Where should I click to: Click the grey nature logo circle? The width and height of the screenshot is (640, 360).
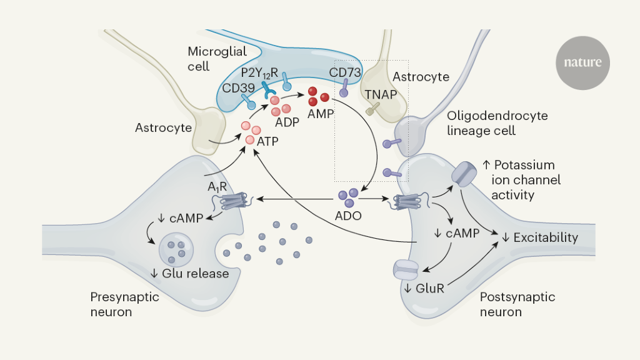[582, 62]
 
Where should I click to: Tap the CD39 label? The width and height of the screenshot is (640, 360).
[239, 87]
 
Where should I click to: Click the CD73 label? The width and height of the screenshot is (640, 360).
[345, 72]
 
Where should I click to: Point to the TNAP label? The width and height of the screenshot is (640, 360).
[381, 94]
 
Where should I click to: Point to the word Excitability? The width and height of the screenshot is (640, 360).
[546, 237]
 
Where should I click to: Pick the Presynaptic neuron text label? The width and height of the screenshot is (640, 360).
[125, 304]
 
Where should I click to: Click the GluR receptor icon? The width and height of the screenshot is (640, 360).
[406, 269]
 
